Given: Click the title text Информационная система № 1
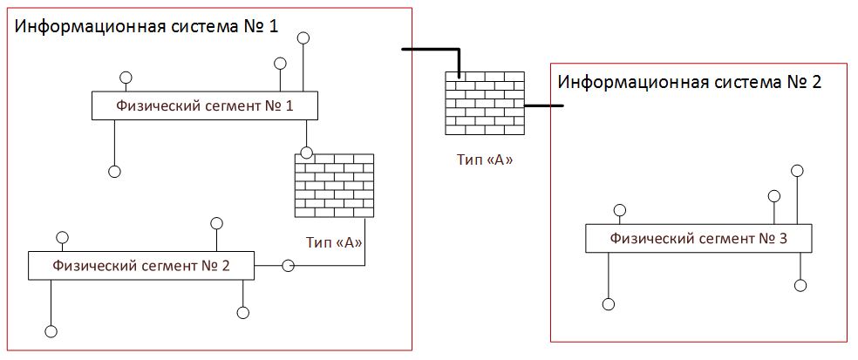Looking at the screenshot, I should click(x=146, y=25).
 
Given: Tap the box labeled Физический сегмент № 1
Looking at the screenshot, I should click(x=204, y=106).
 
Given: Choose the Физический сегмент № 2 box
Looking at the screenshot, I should click(x=141, y=265).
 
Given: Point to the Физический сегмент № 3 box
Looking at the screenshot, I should click(x=698, y=238).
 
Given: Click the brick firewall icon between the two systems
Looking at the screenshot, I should click(x=484, y=103).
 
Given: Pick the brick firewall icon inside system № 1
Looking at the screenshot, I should click(x=335, y=186).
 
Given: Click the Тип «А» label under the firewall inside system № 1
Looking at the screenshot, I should click(x=335, y=241).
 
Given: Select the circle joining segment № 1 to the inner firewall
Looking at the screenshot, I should click(x=304, y=152).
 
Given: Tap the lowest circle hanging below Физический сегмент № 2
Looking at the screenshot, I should click(x=51, y=331).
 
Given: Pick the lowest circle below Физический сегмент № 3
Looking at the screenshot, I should click(x=609, y=304).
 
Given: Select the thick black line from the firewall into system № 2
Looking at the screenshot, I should click(x=543, y=106).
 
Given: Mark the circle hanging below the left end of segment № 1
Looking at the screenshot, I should click(x=113, y=172).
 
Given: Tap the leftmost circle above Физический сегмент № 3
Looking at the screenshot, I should click(x=619, y=210).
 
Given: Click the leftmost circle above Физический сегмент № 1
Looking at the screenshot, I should click(x=126, y=76).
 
